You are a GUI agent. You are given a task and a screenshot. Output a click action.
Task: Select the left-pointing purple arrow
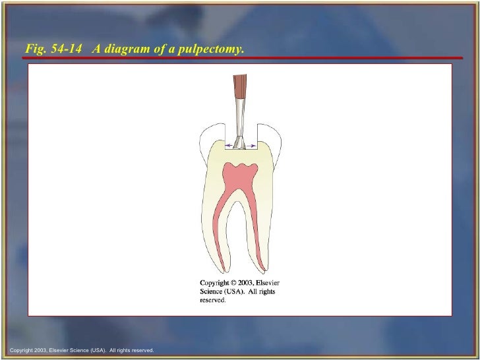(x=229, y=144)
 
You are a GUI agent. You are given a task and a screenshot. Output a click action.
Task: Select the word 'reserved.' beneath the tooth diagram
(x=213, y=300)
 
